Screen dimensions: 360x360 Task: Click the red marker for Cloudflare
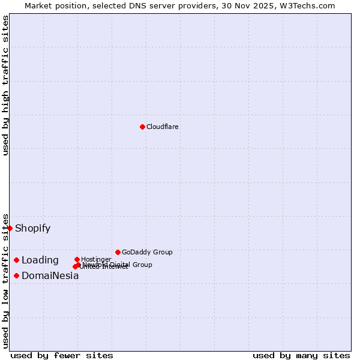tap(142, 127)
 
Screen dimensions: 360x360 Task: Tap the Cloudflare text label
tap(163, 127)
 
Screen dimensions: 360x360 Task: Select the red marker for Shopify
tap(10, 228)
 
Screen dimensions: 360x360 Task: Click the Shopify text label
tap(32, 229)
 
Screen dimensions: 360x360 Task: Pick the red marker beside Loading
tap(16, 260)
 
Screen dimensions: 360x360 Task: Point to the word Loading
tap(40, 260)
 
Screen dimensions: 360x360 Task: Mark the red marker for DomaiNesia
tap(16, 275)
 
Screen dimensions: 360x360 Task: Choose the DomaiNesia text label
tap(50, 276)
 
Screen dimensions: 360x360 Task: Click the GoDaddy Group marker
tap(118, 252)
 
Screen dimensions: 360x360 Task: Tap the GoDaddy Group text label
tap(147, 252)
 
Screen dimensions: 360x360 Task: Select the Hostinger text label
tap(96, 259)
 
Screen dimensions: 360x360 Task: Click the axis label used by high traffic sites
tap(5, 85)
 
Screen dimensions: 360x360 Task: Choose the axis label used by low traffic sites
tap(5, 281)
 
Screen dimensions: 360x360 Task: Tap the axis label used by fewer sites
tap(62, 355)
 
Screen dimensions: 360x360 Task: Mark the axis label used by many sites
tap(301, 355)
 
